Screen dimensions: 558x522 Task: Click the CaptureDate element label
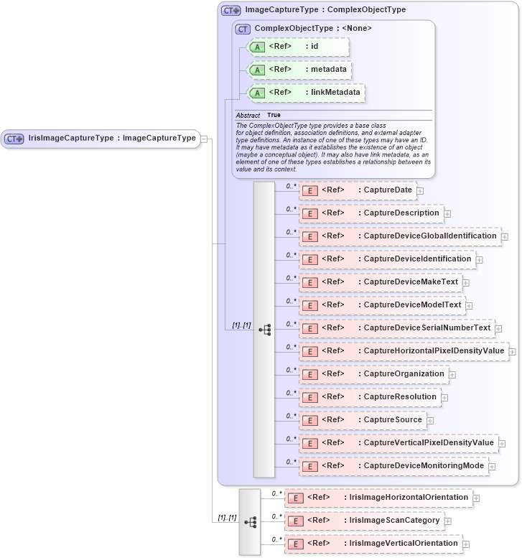pos(388,190)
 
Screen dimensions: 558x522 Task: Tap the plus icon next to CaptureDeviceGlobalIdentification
pos(505,236)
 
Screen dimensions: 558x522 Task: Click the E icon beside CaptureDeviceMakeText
pos(310,282)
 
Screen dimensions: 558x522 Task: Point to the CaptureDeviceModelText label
pos(412,305)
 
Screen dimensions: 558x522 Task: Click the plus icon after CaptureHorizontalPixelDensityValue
pos(513,351)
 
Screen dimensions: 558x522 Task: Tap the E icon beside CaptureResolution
pos(310,397)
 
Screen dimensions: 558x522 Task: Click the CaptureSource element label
pos(393,420)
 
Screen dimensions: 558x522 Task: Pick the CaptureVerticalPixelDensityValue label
pos(429,443)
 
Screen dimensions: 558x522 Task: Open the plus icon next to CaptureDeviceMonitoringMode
pos(492,467)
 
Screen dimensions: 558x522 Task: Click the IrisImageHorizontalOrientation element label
pos(409,497)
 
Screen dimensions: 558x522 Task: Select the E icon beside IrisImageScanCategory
pos(296,521)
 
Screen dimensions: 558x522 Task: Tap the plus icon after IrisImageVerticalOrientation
pos(465,544)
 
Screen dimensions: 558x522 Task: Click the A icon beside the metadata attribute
pos(257,70)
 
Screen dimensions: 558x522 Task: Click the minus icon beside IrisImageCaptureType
pos(205,139)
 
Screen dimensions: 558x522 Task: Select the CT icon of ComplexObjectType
pos(243,29)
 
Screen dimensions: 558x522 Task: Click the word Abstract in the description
pos(248,115)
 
